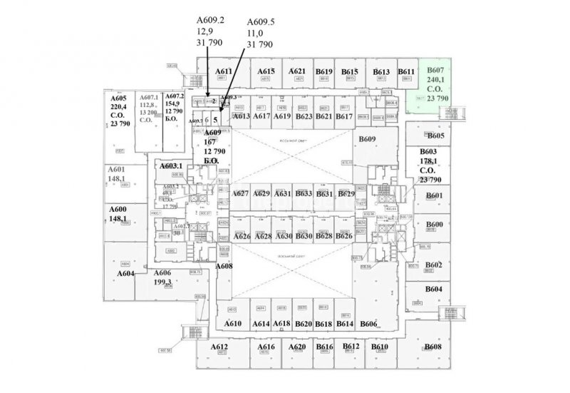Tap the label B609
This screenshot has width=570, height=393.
click(x=367, y=138)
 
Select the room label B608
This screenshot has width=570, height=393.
click(x=433, y=347)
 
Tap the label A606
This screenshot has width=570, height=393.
click(x=162, y=272)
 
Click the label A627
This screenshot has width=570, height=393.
click(x=241, y=193)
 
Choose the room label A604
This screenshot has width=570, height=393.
click(x=126, y=273)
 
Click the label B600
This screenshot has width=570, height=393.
click(x=435, y=225)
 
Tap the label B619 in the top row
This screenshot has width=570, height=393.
click(x=324, y=71)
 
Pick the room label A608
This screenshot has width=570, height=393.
click(x=224, y=266)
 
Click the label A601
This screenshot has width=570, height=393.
click(x=117, y=170)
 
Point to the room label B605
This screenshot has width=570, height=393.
click(x=436, y=136)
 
